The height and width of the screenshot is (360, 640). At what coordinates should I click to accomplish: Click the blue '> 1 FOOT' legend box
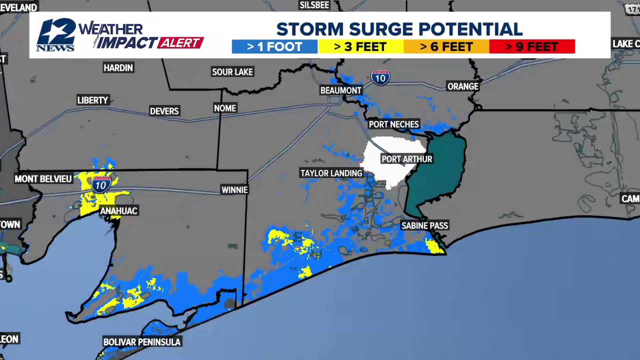pos(274,47)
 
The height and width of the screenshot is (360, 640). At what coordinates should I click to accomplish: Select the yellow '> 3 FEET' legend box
pos(360,47)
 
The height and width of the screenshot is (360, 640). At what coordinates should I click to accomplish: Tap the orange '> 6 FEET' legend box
pos(446,47)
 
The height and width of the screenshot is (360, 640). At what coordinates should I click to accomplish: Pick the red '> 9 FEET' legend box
pos(532,47)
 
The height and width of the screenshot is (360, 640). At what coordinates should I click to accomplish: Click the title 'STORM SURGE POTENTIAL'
pos(399,29)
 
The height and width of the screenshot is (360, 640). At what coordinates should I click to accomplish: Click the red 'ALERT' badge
pos(180,43)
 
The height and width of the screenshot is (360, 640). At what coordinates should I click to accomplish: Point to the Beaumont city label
pos(341,90)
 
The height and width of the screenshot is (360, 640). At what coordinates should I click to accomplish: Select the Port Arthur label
pos(407,159)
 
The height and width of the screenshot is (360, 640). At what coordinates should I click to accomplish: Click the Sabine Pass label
pos(425,226)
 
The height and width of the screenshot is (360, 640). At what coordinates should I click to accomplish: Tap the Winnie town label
pos(235,190)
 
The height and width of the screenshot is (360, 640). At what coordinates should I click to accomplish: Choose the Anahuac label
pos(119,211)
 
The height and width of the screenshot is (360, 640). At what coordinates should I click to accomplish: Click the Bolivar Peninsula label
pos(142,342)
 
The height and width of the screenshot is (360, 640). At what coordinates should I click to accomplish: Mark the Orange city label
pos(463,87)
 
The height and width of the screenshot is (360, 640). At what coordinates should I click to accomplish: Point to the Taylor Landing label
pos(331,173)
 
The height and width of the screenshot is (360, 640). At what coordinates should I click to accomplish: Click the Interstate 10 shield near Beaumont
pos(380,78)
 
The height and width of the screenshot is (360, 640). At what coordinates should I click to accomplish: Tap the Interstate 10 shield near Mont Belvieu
pos(101,185)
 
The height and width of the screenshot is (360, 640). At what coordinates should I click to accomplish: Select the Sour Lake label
pos(232,72)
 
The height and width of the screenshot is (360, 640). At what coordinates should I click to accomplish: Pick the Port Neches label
pos(394,124)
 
